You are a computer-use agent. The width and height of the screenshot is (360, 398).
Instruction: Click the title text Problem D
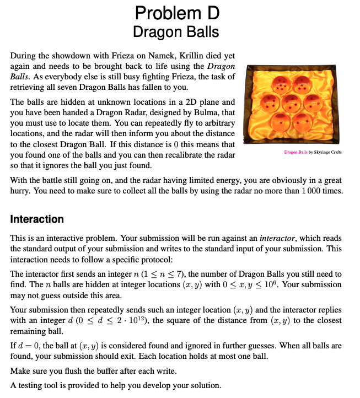176,12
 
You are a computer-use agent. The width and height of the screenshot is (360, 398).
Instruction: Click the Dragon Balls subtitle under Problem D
176,31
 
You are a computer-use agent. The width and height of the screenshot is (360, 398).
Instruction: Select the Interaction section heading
37,219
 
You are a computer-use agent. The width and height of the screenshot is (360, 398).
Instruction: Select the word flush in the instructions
87,371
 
